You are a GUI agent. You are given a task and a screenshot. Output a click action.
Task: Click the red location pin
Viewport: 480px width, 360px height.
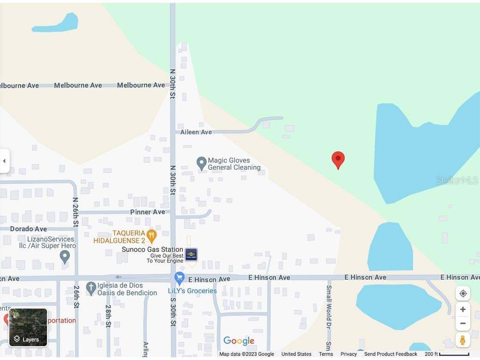(338, 159)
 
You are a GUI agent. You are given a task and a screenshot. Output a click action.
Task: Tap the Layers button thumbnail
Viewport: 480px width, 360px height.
(28, 327)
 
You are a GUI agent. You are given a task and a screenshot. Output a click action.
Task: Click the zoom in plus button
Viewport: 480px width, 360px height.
(462, 309)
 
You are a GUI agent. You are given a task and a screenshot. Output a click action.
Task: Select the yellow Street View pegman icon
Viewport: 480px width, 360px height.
(462, 340)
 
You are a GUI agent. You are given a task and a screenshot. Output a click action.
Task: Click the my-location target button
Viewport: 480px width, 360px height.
(462, 294)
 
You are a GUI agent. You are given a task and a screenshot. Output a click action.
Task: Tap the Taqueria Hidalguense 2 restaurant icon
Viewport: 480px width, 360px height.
(151, 236)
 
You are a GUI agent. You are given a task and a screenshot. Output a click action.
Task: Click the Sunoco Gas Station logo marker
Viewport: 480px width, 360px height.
(191, 254)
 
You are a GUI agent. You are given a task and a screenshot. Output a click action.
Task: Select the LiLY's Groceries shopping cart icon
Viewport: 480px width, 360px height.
(180, 278)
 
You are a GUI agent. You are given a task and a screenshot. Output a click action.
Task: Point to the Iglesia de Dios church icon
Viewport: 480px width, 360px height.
(91, 288)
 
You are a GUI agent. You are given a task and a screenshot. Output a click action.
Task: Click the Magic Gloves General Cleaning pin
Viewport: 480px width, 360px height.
(201, 163)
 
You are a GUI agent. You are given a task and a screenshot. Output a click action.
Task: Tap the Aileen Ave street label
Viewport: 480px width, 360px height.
(196, 132)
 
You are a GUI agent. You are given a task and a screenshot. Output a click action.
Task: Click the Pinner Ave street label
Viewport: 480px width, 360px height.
(147, 212)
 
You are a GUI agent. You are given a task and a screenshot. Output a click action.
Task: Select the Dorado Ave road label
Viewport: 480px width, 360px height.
(28, 229)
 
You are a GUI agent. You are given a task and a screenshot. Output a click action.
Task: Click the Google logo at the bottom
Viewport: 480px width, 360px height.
(239, 341)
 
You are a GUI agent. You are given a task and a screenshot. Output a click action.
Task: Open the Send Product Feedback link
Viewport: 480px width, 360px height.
(390, 354)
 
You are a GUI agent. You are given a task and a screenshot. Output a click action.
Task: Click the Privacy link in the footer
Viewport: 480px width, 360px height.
(348, 354)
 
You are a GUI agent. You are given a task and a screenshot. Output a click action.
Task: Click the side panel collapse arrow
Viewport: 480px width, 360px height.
(4, 161)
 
